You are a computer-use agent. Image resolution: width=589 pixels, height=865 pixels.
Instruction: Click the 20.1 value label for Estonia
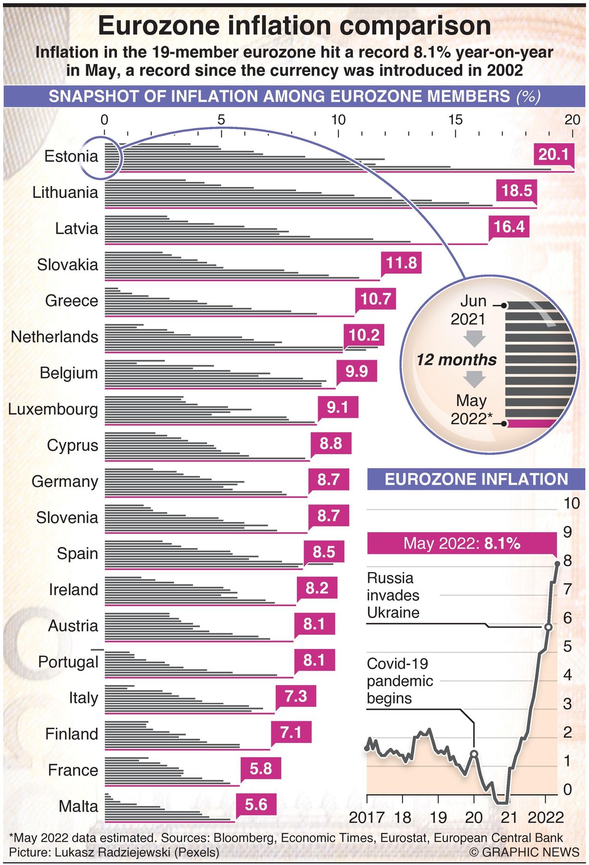(554, 154)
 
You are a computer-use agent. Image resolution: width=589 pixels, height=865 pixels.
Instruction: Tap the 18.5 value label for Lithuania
(516, 190)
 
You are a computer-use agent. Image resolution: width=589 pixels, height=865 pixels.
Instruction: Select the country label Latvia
(77, 228)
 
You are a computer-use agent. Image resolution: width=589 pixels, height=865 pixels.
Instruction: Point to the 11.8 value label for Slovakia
(401, 263)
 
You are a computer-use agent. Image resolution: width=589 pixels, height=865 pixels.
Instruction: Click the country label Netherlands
(54, 337)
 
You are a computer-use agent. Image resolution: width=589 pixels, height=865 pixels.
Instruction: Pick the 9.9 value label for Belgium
(356, 371)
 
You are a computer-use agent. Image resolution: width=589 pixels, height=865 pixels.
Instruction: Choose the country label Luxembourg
(53, 409)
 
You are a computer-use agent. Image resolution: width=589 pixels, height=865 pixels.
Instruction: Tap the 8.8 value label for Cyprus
(330, 443)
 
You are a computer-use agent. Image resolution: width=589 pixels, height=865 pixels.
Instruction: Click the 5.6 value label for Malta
(256, 805)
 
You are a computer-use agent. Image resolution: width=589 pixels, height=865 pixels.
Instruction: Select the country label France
(73, 770)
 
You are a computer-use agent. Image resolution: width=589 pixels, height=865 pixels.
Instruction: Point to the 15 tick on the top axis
(455, 120)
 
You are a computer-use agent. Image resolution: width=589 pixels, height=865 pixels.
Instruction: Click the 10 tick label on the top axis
(338, 120)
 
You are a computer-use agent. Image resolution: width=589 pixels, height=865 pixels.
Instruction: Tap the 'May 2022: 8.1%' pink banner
(462, 544)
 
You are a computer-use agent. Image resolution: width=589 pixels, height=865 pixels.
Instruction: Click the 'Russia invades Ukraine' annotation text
(393, 595)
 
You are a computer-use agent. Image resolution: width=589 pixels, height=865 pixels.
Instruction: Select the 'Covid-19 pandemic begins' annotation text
(400, 681)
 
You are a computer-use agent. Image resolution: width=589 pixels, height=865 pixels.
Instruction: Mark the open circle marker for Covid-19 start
(474, 754)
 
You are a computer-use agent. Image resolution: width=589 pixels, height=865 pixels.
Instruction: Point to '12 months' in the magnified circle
(456, 360)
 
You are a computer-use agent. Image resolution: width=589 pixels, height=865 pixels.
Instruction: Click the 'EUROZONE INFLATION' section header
(476, 479)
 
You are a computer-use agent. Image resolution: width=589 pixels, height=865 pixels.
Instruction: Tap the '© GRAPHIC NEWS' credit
(524, 852)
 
